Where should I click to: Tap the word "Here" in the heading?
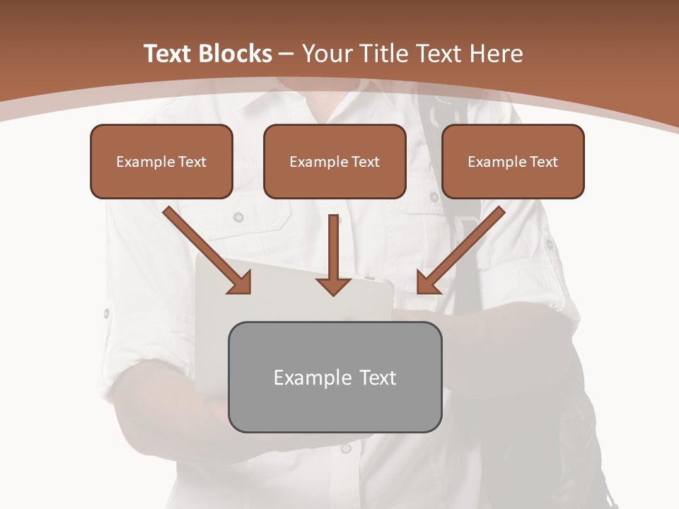click(497, 54)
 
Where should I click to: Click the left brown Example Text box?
click(161, 161)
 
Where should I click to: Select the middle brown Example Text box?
click(335, 161)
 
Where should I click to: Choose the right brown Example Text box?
click(513, 161)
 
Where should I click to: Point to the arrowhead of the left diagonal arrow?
click(240, 283)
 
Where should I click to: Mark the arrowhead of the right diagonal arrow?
click(429, 283)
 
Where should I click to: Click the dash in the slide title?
click(287, 54)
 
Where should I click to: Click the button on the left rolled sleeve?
click(108, 312)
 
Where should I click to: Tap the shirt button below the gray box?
click(346, 448)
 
